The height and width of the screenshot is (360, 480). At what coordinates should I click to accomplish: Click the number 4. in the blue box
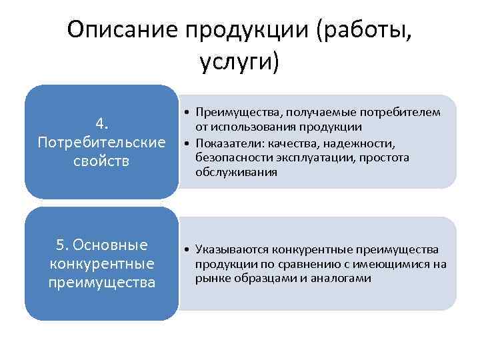point(102,124)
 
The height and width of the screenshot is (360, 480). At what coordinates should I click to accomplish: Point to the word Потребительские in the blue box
point(102,143)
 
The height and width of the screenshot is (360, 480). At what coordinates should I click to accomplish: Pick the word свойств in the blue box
point(102,161)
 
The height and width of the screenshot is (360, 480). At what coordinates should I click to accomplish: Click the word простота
point(385,157)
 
